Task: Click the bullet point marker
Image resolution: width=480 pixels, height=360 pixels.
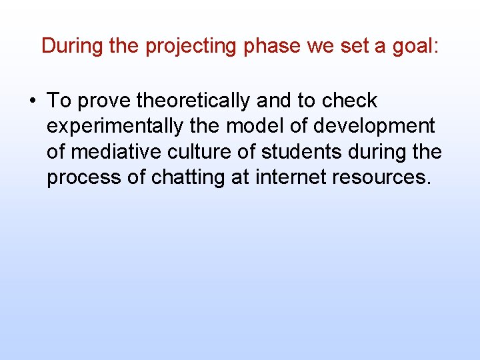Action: pos(32,101)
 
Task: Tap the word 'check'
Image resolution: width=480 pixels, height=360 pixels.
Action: pos(349,101)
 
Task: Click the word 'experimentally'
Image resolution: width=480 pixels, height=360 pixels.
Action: pos(113,127)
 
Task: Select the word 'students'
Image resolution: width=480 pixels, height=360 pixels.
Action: pos(295,153)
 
